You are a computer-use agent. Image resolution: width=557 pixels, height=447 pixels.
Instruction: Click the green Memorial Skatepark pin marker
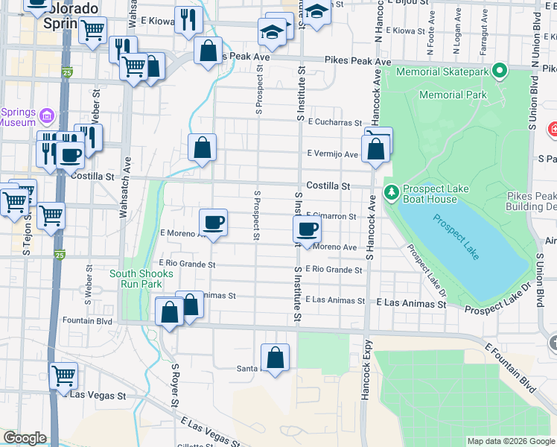tap(499, 72)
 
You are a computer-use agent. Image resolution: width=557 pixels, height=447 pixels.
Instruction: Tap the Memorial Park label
tap(453, 95)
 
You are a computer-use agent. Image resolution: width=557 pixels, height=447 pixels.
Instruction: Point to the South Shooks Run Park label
tap(141, 279)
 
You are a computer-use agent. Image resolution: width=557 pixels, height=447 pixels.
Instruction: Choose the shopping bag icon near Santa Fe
tap(275, 358)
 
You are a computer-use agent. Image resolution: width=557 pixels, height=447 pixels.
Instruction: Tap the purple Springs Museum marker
tap(47, 117)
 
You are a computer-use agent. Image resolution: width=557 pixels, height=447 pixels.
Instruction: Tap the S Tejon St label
tap(27, 247)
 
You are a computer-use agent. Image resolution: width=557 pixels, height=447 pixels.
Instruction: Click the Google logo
tap(25, 438)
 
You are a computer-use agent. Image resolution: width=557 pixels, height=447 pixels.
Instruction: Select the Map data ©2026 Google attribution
tap(510, 441)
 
